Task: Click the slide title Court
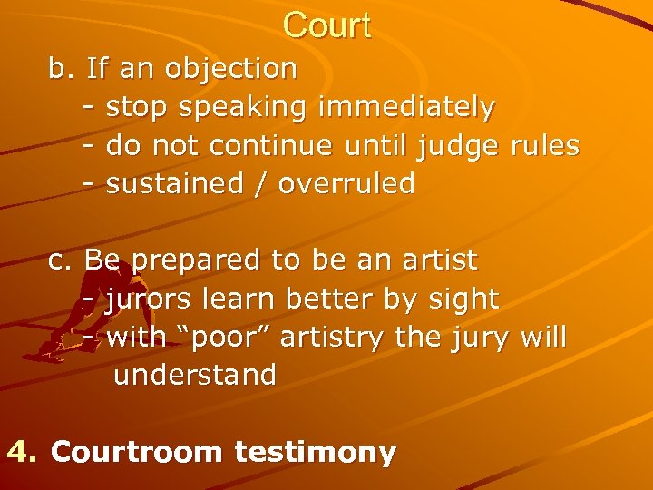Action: (x=326, y=25)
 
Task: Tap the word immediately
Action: (x=406, y=108)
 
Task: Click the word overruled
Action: (x=346, y=184)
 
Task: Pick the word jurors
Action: (x=149, y=299)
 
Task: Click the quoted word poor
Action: (x=222, y=338)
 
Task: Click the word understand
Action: (x=194, y=376)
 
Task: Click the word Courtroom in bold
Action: (x=136, y=452)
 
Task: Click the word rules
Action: (x=545, y=146)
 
